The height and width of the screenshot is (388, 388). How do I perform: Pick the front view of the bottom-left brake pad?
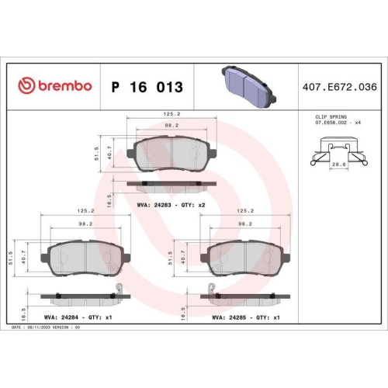85,257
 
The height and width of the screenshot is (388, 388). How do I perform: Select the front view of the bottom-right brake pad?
244,257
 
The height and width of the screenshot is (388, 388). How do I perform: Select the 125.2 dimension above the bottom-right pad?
244,210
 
